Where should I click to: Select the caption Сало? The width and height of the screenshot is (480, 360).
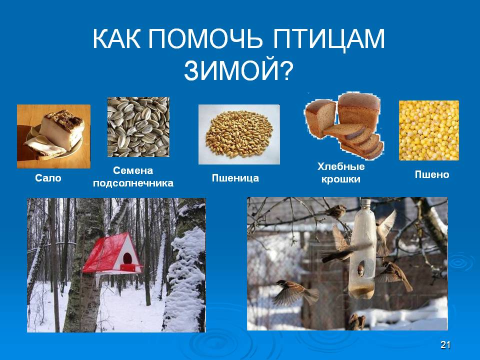coord(48,178)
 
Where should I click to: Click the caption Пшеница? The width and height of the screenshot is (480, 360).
coord(235,178)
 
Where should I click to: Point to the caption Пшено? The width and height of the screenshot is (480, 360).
coord(432,174)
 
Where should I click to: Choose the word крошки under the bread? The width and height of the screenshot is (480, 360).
coord(341,179)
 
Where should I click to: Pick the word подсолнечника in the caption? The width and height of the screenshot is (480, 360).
coord(133,183)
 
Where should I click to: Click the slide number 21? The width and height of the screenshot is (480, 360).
coord(446,344)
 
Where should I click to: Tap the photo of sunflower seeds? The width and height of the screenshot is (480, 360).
coord(138,127)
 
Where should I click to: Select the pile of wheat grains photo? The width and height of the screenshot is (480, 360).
coord(239,133)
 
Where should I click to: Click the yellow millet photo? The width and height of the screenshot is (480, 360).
coord(428,130)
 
